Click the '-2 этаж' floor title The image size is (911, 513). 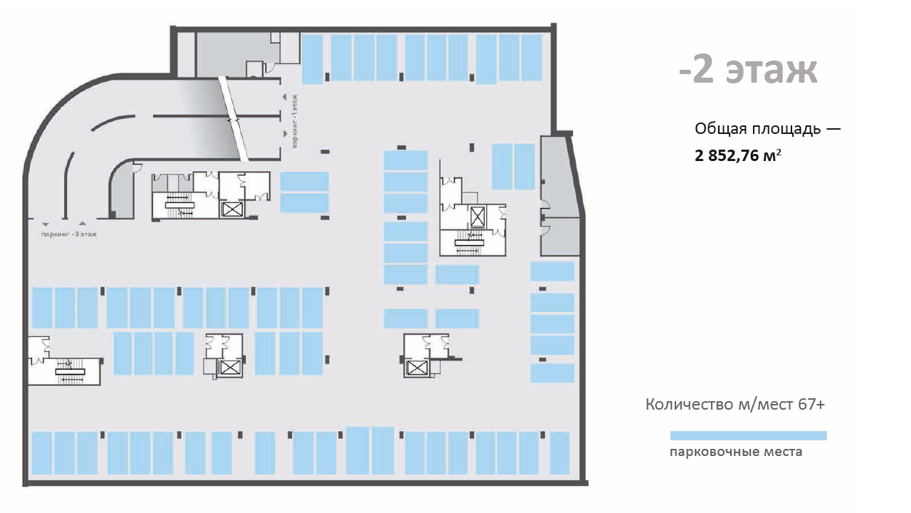(748, 71)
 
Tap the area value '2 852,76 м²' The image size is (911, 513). (738, 155)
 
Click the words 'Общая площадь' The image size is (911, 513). (758, 129)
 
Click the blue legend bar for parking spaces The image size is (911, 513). (748, 435)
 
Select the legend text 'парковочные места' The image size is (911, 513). (736, 452)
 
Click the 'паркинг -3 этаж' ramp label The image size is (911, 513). (69, 234)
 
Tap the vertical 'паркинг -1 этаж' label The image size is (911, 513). (295, 121)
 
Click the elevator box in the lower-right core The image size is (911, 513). (416, 368)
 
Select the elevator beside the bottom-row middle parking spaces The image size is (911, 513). (230, 368)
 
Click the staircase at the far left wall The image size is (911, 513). (70, 371)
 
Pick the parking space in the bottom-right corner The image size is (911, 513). (559, 452)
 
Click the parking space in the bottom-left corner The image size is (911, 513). (42, 452)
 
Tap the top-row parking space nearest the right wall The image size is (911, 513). (532, 58)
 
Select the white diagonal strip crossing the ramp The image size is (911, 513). (233, 118)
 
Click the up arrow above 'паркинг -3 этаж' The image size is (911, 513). (83, 223)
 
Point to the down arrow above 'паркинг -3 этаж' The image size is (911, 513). (46, 224)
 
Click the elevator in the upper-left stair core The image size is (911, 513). (232, 209)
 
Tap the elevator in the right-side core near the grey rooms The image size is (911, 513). (478, 217)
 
